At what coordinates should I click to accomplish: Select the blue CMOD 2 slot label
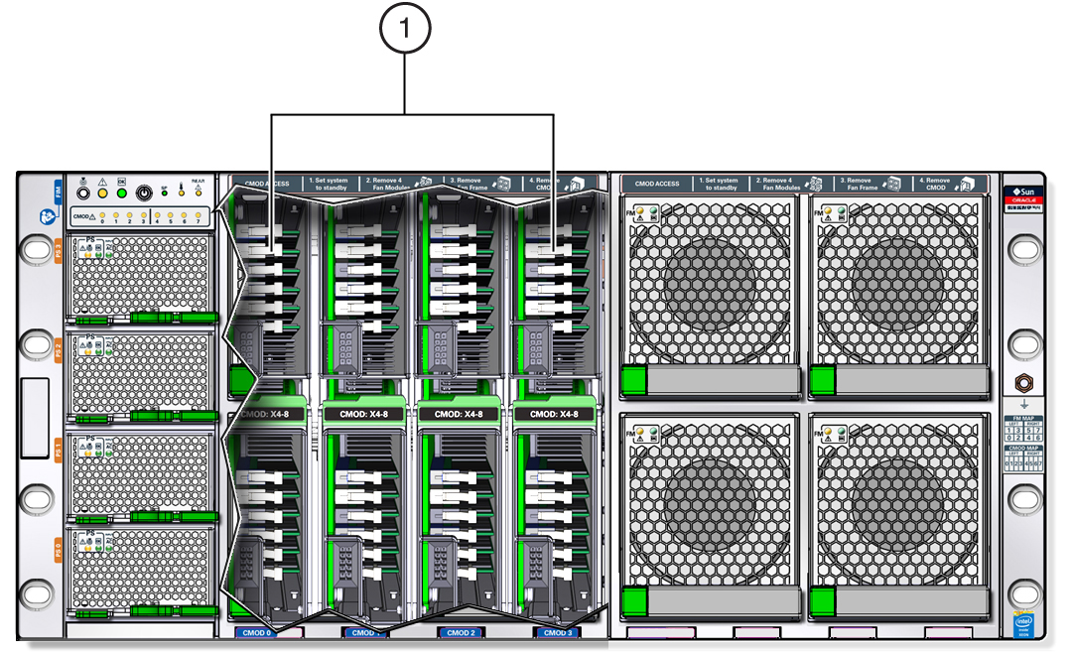461,632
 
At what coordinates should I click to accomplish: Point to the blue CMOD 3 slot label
557,632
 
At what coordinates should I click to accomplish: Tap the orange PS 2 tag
58,349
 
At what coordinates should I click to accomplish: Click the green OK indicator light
121,192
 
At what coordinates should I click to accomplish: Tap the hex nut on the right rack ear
1022,383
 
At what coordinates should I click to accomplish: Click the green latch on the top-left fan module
632,380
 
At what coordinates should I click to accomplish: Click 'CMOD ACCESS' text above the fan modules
657,184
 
